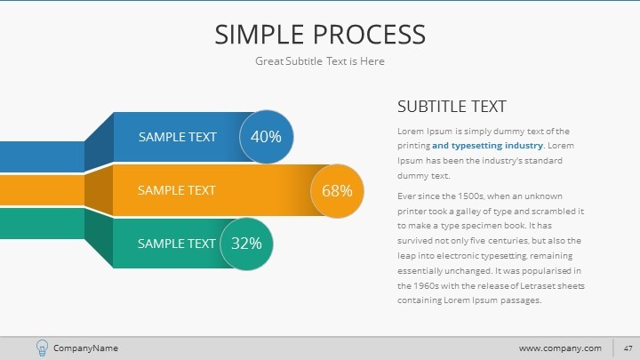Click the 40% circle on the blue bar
[x=266, y=137]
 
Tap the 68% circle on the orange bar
[x=337, y=190]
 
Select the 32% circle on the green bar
[x=246, y=243]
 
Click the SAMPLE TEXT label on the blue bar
[x=177, y=137]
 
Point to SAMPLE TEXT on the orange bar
[x=176, y=189]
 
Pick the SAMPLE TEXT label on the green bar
[x=176, y=243]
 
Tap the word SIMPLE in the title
[x=261, y=35]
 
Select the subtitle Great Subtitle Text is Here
[x=319, y=60]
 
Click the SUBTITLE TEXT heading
[x=452, y=107]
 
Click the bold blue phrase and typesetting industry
[x=488, y=145]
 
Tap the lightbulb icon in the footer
[x=42, y=348]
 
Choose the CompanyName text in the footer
[x=85, y=348]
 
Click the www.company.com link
[x=560, y=348]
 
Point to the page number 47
[x=627, y=348]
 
